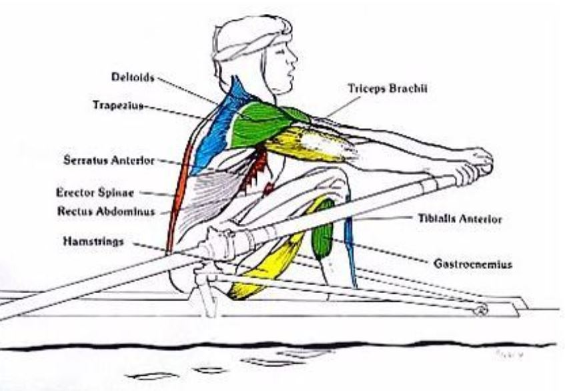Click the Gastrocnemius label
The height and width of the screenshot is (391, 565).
click(x=473, y=264)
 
